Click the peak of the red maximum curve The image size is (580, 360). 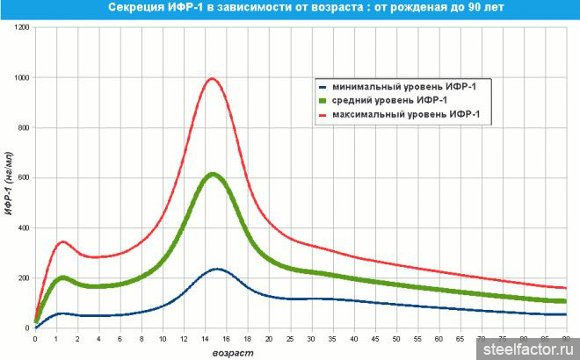[x=212, y=79]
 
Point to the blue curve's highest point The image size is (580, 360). [x=217, y=269]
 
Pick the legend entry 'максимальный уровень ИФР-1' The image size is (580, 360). [x=404, y=115]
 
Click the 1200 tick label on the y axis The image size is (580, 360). [x=21, y=28]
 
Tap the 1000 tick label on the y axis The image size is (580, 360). [x=21, y=78]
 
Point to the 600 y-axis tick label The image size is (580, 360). [x=23, y=178]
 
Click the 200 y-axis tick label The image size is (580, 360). [x=23, y=278]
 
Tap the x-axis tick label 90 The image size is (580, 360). [x=566, y=338]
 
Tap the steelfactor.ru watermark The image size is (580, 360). [x=529, y=349]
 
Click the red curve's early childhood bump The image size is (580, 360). [x=63, y=241]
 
